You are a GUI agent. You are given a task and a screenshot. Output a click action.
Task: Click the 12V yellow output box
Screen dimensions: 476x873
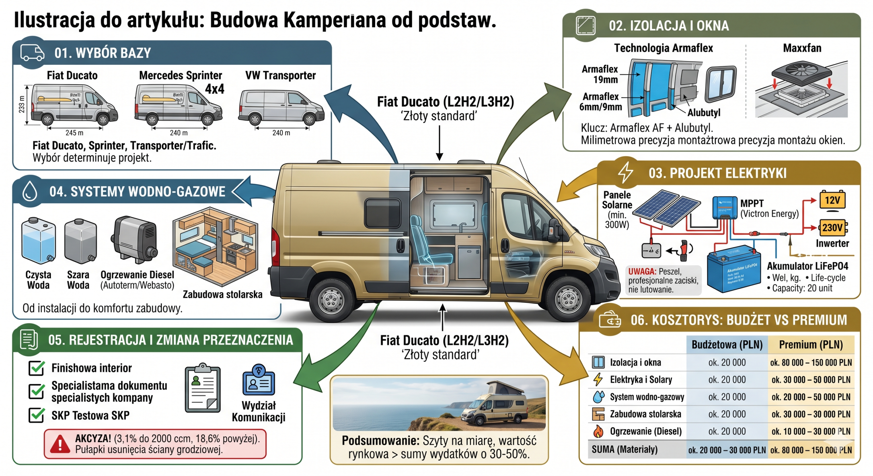(x=832, y=200)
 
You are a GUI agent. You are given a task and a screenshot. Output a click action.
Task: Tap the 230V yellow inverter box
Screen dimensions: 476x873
(x=832, y=227)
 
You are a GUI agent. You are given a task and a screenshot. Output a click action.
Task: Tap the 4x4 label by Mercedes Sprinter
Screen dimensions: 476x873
(x=214, y=89)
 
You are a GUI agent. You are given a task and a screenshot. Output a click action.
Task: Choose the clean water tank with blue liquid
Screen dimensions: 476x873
(x=38, y=241)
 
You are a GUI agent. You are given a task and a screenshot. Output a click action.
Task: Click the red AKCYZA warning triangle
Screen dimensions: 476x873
(x=60, y=444)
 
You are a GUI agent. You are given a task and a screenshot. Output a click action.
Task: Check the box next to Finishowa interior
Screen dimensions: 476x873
(x=36, y=368)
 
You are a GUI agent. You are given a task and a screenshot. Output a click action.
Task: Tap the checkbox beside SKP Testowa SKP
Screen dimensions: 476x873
(x=36, y=415)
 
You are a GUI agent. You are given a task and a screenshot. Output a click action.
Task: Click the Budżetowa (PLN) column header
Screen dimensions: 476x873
(x=727, y=345)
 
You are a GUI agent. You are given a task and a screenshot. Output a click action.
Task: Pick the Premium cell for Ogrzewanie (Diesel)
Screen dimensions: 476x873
(x=811, y=432)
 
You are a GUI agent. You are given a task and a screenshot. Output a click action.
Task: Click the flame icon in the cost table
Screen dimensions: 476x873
(x=598, y=431)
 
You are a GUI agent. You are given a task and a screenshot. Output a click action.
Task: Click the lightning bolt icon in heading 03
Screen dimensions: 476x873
(x=625, y=173)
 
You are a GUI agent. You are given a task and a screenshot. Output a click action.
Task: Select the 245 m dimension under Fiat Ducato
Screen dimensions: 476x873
(x=74, y=133)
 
